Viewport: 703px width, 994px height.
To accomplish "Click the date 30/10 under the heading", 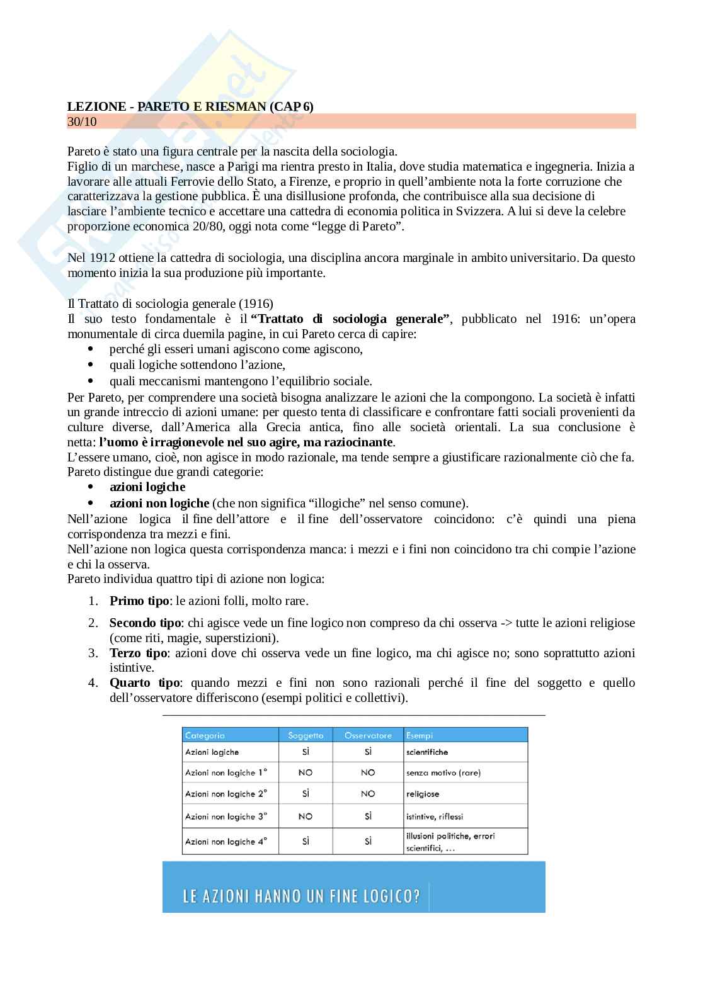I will (x=82, y=121).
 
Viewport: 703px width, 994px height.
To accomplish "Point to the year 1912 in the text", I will (x=103, y=257).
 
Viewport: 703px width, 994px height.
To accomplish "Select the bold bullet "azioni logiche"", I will (x=147, y=487).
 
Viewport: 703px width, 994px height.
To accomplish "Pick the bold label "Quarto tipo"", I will (x=144, y=682).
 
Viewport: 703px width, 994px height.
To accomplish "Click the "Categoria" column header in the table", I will (x=205, y=735).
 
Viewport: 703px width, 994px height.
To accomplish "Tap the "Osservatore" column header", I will (x=368, y=735).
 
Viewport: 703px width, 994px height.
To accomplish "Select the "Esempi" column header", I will (x=420, y=735).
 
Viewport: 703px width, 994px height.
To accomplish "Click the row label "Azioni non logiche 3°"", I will (x=226, y=816).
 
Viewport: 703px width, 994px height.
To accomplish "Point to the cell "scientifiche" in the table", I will (x=427, y=752).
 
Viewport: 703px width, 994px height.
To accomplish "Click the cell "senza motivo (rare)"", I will (x=443, y=772).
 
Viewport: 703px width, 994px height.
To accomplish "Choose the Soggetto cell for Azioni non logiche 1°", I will (x=306, y=772).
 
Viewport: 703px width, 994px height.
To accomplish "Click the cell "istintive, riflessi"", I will (x=435, y=816).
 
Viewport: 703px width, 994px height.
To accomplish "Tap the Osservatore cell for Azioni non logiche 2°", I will (x=368, y=794).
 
